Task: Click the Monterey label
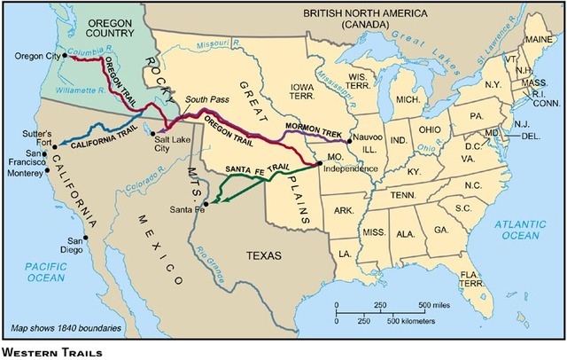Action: tap(27, 177)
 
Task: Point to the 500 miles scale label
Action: tap(437, 305)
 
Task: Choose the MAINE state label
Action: tap(534, 39)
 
